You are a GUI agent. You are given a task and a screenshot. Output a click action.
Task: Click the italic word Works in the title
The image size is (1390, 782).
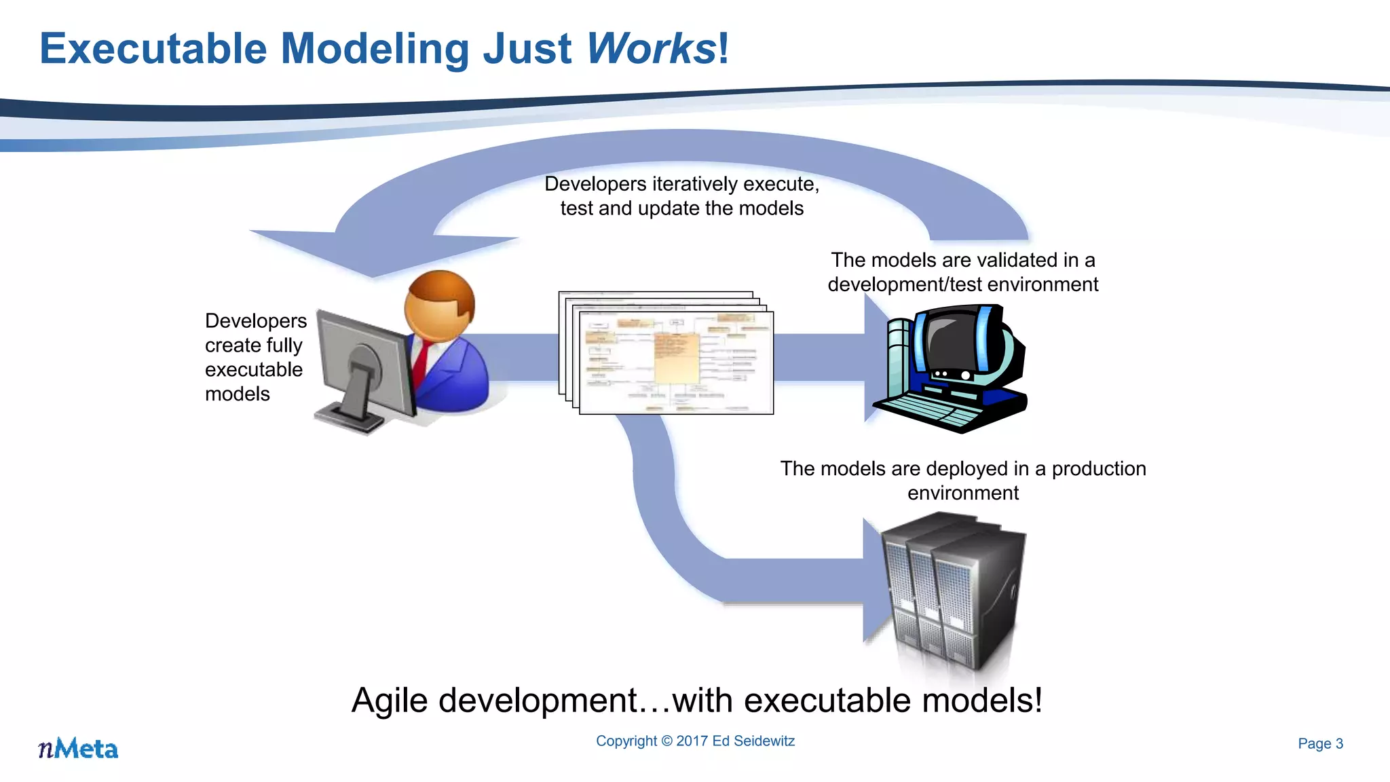pyautogui.click(x=650, y=49)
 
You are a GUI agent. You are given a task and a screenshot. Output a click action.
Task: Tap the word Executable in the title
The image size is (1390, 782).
pyautogui.click(x=153, y=49)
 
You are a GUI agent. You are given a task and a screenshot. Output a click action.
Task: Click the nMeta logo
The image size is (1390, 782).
pyautogui.click(x=78, y=748)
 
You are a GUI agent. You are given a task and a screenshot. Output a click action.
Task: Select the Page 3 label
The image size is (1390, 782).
pyautogui.click(x=1320, y=743)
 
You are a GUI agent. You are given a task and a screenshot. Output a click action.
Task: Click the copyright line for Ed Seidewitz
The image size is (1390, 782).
pyautogui.click(x=695, y=741)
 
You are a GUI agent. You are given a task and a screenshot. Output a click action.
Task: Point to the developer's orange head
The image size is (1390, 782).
pyautogui.click(x=439, y=305)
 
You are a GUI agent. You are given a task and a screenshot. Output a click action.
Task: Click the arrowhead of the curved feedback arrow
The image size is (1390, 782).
pyautogui.click(x=380, y=251)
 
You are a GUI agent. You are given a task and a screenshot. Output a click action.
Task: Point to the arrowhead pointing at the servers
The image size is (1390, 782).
pyautogui.click(x=876, y=580)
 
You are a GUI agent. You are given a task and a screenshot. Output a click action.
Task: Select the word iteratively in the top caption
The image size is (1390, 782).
pyautogui.click(x=694, y=184)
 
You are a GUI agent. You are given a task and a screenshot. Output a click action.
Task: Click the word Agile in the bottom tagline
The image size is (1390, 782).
pyautogui.click(x=390, y=701)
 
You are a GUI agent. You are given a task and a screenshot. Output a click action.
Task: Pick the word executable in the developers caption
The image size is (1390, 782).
pyautogui.click(x=253, y=369)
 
